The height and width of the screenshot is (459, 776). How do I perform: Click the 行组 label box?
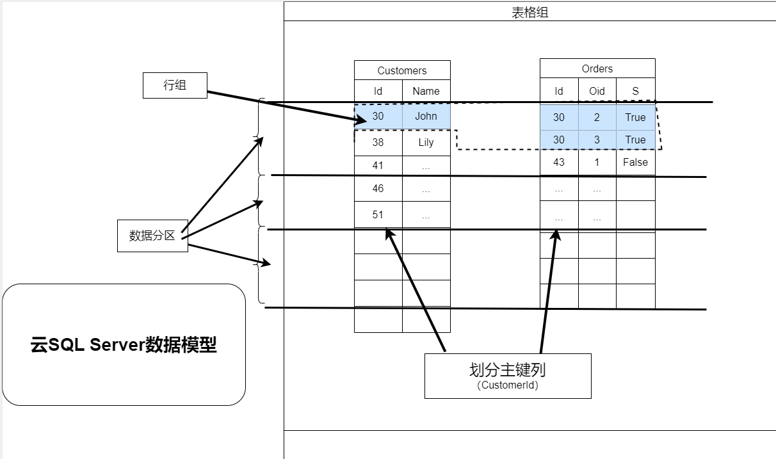point(175,85)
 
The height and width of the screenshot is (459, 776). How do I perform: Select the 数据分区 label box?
point(152,236)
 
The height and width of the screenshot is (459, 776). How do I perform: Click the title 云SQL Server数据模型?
point(124,345)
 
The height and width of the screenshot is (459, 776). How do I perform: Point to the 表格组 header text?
point(529,13)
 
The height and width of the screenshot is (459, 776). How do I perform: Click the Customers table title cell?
point(402,70)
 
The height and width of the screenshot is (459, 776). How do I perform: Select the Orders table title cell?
point(597,68)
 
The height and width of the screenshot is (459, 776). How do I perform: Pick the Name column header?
point(426,91)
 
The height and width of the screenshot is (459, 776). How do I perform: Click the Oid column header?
point(597,91)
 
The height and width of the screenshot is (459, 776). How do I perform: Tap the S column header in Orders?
point(635,91)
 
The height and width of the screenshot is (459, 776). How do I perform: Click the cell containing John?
point(426,116)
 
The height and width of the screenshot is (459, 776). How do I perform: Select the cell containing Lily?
point(426,142)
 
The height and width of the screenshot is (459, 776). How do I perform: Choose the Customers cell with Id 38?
point(378,142)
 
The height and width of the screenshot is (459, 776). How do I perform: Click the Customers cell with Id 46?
point(378,188)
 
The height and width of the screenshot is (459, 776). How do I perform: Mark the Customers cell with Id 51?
point(378,214)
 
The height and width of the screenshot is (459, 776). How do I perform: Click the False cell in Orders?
point(635,162)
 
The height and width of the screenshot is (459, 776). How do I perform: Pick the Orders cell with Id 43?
point(559,162)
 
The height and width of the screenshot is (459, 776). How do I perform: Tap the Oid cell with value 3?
point(597,140)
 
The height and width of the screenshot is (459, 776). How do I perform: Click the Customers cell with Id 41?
point(378,165)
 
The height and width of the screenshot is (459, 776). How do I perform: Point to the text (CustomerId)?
point(507,385)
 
